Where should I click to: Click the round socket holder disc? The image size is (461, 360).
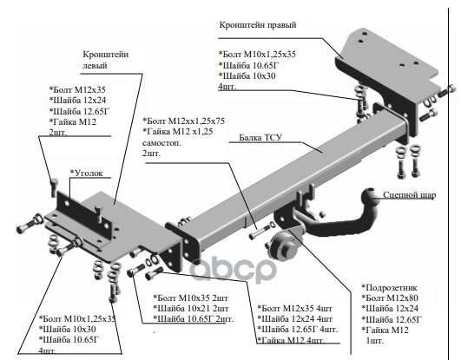(283, 245)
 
